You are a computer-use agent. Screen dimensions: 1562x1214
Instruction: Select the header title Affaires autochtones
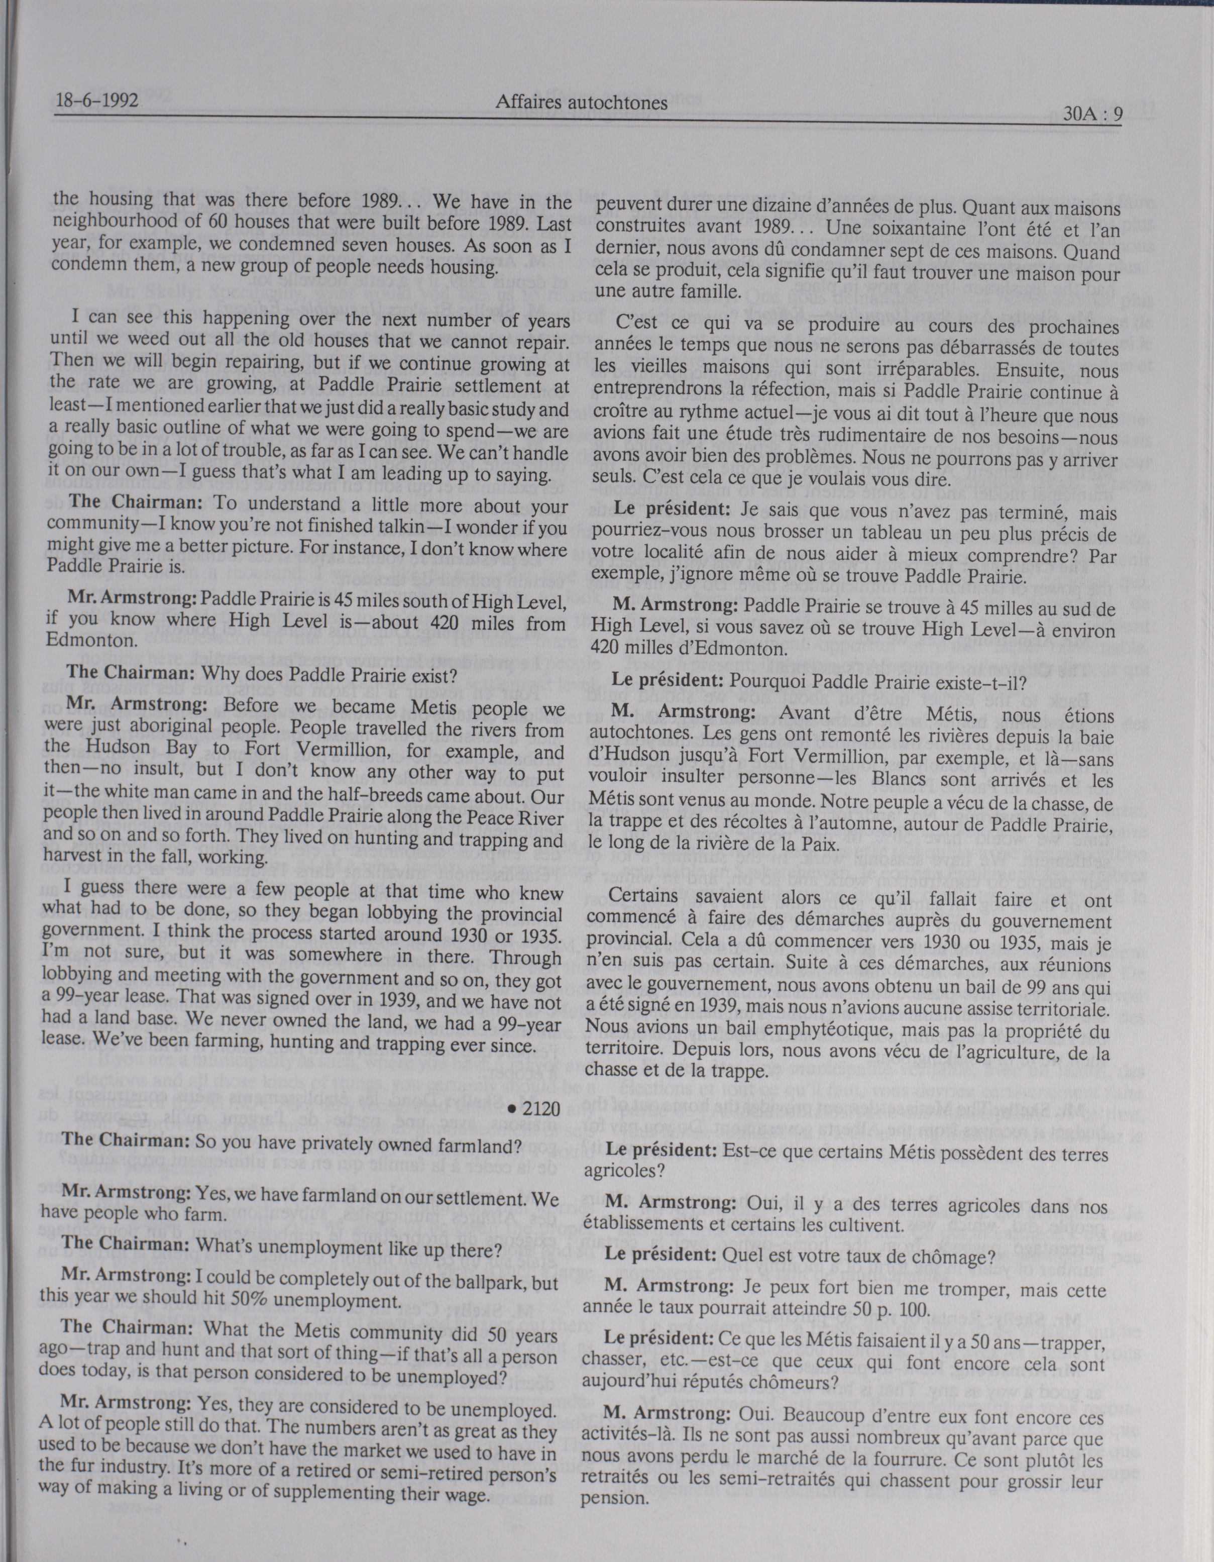581,103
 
